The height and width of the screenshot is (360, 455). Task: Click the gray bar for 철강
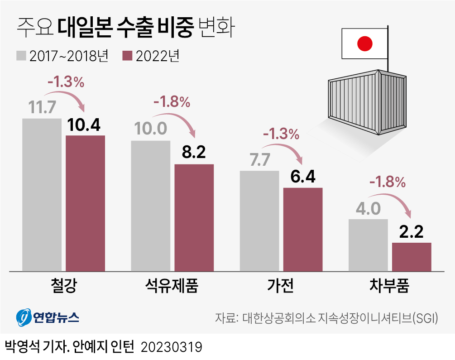tap(41, 195)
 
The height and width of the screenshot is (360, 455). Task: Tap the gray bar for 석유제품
tap(150, 206)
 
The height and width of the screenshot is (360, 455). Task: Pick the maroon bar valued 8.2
tap(194, 217)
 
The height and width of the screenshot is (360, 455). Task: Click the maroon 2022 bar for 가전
tap(302, 229)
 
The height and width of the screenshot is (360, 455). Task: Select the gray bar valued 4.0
tap(368, 245)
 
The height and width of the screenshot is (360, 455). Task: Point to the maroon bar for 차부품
tap(412, 257)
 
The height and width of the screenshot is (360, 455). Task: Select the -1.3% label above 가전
tap(281, 134)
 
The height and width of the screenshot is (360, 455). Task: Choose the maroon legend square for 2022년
tap(128, 56)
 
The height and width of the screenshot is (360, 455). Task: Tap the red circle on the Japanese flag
tap(364, 44)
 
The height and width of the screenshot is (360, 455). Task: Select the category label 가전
tap(280, 286)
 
